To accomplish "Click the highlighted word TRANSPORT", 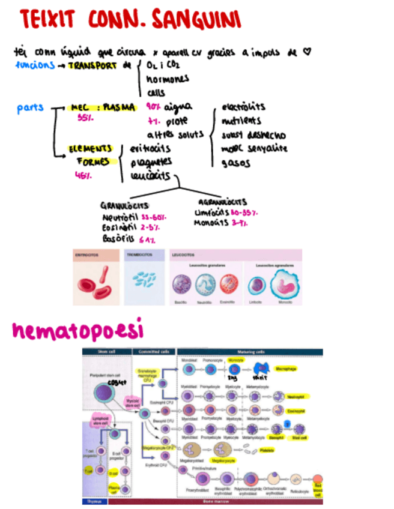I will pos(93,65).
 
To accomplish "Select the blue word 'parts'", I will pos(30,108).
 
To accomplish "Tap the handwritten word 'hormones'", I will pos(167,79).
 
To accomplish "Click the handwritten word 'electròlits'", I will pos(243,107).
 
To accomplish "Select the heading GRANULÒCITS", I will pos(124,205).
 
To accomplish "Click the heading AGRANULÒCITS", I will pos(222,202).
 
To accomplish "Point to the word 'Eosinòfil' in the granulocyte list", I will pos(118,227).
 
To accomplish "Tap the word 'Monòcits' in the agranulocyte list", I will pos(211,223).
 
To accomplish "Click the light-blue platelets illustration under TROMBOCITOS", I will pos(142,279).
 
